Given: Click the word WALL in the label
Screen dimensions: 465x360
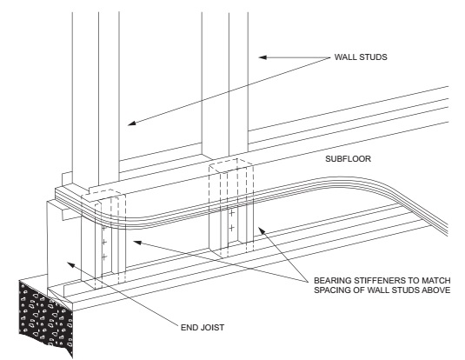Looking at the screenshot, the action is (344, 57).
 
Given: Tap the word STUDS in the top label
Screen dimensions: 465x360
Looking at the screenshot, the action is (372, 57).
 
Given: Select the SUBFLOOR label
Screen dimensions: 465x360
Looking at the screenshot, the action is (349, 159).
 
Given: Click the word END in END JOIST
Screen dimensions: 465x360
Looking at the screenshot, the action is (189, 327).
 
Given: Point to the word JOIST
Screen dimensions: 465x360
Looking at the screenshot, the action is (211, 327).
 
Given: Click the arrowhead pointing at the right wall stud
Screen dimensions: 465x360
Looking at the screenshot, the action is (262, 57).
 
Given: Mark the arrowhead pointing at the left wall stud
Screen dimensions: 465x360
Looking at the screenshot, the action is (131, 123).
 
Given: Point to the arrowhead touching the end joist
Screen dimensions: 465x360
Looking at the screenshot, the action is (70, 264).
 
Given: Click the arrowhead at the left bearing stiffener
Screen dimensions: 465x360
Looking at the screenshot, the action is (137, 243).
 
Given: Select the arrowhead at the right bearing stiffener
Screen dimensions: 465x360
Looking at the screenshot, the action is (261, 230).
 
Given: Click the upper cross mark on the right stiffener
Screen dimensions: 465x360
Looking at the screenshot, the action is (231, 213).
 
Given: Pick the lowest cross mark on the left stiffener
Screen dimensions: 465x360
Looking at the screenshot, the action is (104, 257).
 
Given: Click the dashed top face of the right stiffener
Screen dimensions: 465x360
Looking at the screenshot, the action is (231, 165).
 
